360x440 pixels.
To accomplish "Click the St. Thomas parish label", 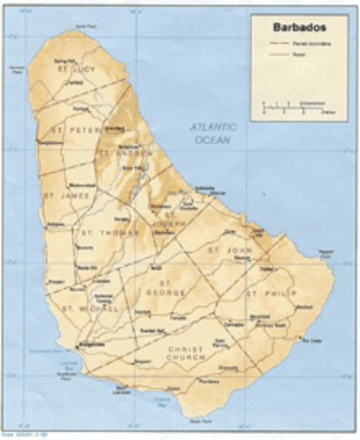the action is click(100, 233).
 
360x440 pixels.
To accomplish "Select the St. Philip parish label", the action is click(267, 293).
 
